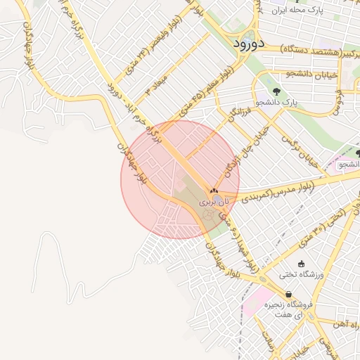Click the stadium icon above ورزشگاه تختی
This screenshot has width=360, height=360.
302,264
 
